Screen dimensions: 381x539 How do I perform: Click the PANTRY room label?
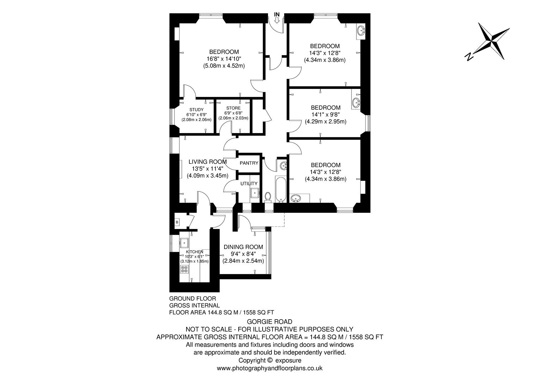[249, 163]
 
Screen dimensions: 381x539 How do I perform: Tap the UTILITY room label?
[249, 183]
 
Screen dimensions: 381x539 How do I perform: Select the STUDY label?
[196, 110]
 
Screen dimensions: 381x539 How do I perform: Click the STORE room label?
[233, 108]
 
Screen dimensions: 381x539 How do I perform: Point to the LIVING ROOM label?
[208, 162]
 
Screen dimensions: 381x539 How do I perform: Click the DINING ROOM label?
[243, 247]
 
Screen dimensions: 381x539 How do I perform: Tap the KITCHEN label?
[195, 252]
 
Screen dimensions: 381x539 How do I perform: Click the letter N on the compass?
[469, 56]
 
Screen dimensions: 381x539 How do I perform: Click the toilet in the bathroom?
[268, 196]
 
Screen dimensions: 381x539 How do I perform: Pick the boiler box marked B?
[177, 222]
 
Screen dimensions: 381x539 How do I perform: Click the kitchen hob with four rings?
[184, 269]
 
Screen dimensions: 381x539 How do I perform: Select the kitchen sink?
[184, 242]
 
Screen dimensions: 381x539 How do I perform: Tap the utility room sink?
[255, 193]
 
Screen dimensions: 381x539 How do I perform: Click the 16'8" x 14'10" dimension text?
[224, 59]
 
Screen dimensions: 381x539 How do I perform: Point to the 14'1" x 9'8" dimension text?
[325, 115]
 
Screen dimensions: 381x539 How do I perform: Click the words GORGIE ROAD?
[269, 321]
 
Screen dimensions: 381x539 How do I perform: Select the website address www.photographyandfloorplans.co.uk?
[269, 368]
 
